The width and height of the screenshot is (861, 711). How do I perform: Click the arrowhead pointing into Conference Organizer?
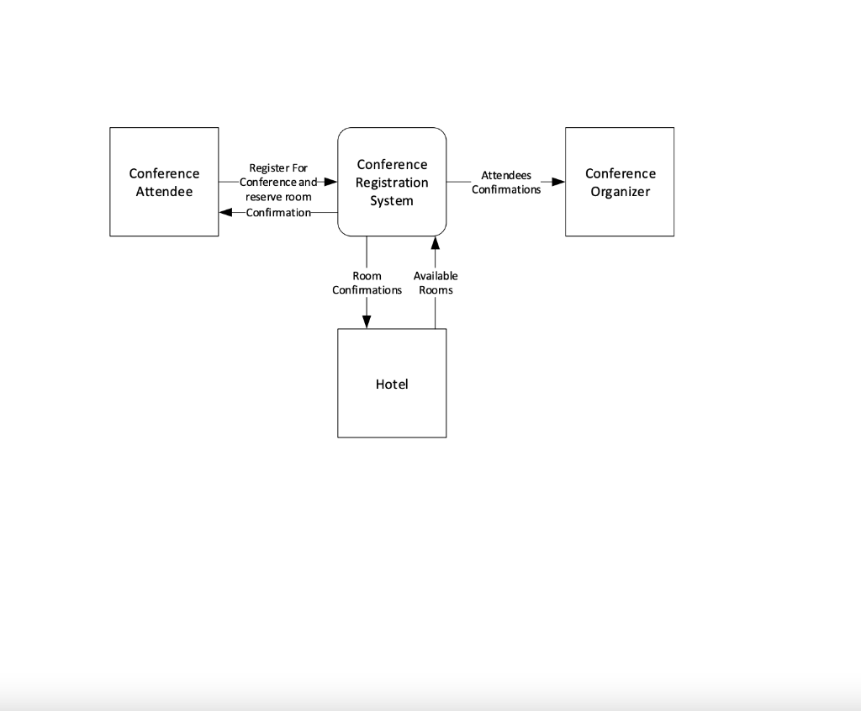557,182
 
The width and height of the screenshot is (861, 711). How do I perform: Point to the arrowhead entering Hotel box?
367,321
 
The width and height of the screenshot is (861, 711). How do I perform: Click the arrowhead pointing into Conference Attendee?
226,212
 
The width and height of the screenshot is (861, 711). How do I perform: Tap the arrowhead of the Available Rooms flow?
435,243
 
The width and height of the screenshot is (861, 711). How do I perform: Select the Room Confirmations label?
367,283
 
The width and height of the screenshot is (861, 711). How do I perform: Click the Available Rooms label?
436,283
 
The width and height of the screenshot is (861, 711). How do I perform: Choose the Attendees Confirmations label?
506,183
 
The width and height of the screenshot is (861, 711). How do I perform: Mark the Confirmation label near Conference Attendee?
278,212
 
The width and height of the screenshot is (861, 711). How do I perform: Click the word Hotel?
392,384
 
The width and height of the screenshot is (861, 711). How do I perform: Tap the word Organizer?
620,192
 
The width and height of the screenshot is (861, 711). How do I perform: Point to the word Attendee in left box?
164,192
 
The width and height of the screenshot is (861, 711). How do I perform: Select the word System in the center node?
392,201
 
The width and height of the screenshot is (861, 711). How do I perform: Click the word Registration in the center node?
392,183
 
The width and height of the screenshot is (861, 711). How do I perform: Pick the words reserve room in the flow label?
278,197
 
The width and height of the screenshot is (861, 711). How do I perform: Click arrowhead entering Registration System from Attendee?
330,182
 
